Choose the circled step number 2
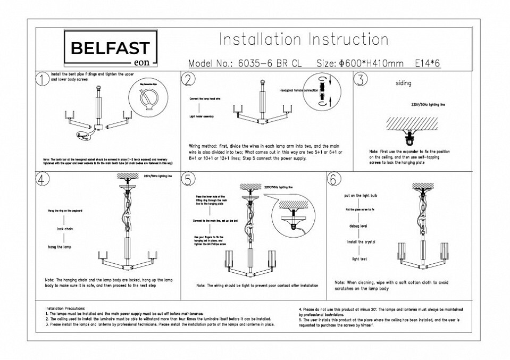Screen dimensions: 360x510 tap(188, 80)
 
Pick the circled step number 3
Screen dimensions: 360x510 tap(361, 80)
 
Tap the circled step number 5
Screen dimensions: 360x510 tap(188, 179)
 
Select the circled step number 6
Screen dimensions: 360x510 tap(333, 179)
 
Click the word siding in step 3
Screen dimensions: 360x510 tap(404, 83)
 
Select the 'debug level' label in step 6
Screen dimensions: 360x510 tap(357, 226)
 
